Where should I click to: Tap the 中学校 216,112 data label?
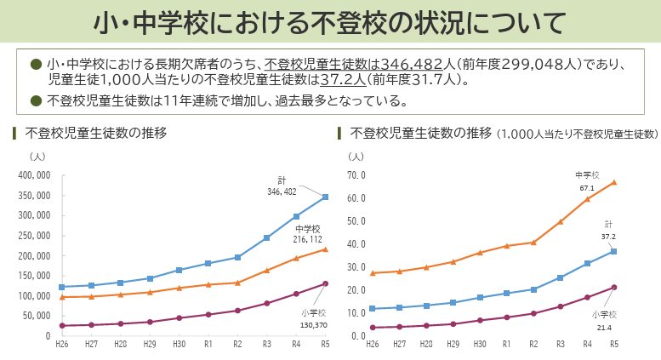[307, 235]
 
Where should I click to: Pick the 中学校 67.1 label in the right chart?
[587, 181]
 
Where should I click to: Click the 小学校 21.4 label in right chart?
[604, 321]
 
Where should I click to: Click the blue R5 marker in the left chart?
[325, 197]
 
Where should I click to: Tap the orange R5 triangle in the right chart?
[613, 182]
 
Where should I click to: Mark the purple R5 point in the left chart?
[325, 284]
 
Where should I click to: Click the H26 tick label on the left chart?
[61, 344]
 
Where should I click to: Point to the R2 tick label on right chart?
[533, 344]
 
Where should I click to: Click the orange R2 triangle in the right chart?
[533, 243]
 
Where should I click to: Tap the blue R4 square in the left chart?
[296, 216]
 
